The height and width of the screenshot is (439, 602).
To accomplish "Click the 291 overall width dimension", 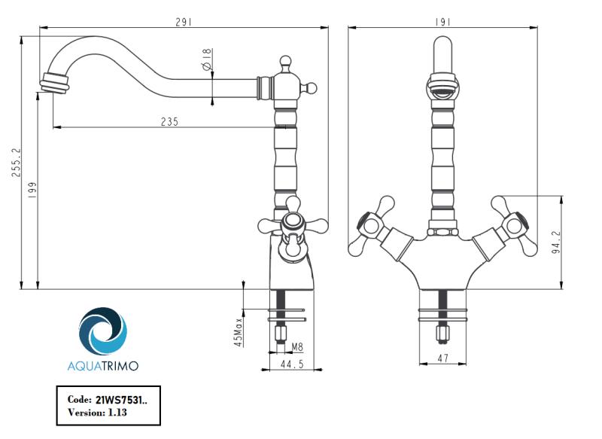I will click(x=184, y=22).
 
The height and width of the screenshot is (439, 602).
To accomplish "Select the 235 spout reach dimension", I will click(x=169, y=122).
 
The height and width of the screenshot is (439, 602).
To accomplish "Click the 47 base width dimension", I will click(x=442, y=359).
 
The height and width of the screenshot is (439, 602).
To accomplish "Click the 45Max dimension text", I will click(x=239, y=331).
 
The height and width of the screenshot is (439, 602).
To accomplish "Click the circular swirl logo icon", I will click(x=103, y=331).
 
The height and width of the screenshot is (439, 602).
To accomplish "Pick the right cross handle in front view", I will click(x=513, y=225).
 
